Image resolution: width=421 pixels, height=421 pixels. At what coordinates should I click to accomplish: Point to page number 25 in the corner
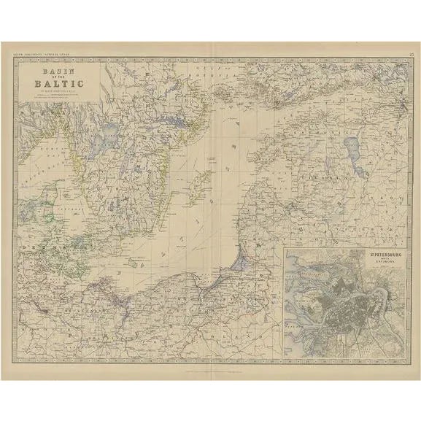[412, 53]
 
